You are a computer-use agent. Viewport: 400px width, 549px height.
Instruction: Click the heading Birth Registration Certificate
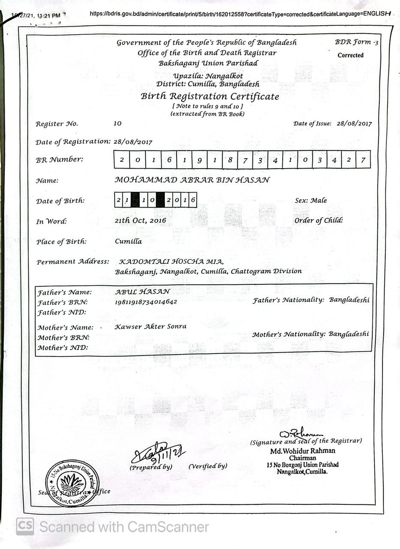[x=210, y=96]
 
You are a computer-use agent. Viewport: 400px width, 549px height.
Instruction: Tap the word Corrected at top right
[x=350, y=55]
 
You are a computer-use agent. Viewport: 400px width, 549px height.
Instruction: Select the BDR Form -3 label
[x=356, y=42]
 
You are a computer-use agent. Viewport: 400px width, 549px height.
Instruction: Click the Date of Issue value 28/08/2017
[x=354, y=124]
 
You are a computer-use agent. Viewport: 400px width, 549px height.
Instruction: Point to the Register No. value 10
[x=117, y=124]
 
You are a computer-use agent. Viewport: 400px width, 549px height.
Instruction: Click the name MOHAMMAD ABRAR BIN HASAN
[x=192, y=180]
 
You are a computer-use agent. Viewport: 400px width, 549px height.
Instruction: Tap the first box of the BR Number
[x=122, y=160]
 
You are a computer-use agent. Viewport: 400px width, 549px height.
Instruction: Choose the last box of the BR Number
[x=363, y=160]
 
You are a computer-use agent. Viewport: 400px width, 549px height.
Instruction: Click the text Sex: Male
[x=310, y=200]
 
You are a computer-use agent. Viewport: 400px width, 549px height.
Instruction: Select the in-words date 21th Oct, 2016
[x=140, y=221]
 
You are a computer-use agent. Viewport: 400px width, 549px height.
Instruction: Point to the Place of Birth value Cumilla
[x=128, y=241]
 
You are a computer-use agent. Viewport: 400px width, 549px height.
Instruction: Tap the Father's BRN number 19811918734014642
[x=146, y=302]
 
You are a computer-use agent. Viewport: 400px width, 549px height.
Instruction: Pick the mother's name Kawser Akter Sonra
[x=150, y=326]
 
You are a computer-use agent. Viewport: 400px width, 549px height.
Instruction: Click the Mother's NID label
[x=63, y=347]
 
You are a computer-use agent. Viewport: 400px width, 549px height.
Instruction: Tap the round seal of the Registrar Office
[x=72, y=483]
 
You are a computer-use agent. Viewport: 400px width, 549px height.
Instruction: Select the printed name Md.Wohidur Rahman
[x=303, y=451]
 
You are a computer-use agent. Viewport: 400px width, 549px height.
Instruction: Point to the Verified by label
[x=208, y=466]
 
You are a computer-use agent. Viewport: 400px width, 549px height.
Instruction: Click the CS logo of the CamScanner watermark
[x=25, y=526]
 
